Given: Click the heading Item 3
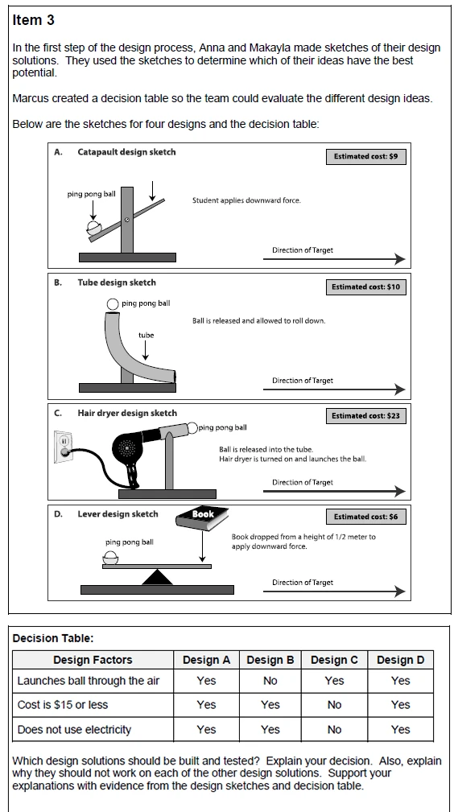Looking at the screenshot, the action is coord(33,20).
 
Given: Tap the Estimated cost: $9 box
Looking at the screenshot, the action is coord(365,156).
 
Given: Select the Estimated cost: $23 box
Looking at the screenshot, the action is coord(365,416).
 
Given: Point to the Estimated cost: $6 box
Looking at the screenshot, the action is coord(365,517).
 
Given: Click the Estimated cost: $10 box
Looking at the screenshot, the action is coord(365,286).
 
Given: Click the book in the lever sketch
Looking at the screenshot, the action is coord(202,518).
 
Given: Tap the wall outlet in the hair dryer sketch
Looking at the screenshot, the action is coord(64,447).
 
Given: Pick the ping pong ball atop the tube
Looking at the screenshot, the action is coord(113,304).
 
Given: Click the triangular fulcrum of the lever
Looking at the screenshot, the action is coord(157,577).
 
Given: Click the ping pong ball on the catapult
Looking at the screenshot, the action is coord(94,227).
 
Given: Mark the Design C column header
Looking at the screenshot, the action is coord(334,660).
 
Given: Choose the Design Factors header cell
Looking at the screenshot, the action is coord(93,660).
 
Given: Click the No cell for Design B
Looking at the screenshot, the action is coord(270,681).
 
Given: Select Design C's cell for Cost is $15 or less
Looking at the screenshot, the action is coord(335,705).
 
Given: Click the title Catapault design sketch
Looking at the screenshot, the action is coord(126,152).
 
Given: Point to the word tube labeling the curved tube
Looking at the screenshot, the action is coord(146,336).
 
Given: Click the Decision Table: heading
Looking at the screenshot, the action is coord(53,638).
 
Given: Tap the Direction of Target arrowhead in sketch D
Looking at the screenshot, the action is coord(400,591).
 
